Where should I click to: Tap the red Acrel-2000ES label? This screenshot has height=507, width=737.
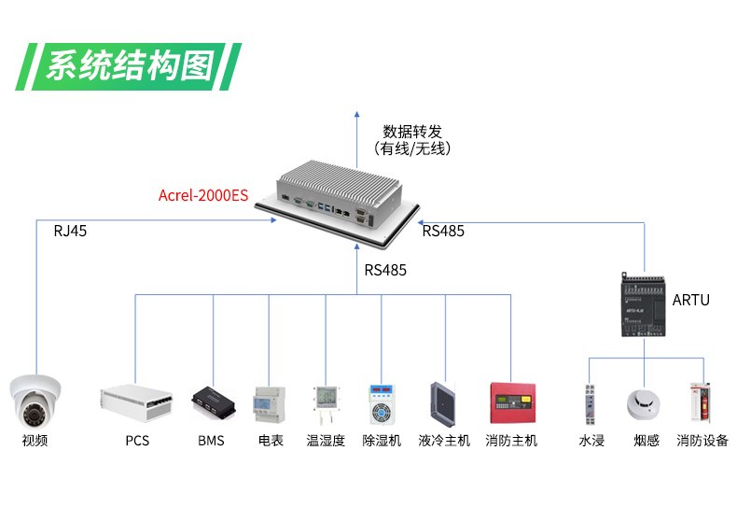(x=203, y=195)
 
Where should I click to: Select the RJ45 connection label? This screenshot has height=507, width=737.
(x=70, y=231)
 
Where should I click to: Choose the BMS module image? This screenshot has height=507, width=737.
(x=212, y=403)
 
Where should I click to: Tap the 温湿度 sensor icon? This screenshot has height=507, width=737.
(x=326, y=402)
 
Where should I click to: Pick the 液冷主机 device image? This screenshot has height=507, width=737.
(x=444, y=402)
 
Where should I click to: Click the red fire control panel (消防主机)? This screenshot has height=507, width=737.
(x=511, y=402)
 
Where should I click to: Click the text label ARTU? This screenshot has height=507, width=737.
(x=691, y=300)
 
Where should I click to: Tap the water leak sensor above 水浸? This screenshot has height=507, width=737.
(x=590, y=402)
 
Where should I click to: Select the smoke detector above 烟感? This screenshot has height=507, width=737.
(x=645, y=402)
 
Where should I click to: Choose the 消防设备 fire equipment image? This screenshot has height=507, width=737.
(x=700, y=402)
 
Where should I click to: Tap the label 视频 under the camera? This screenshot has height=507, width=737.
(x=35, y=441)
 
